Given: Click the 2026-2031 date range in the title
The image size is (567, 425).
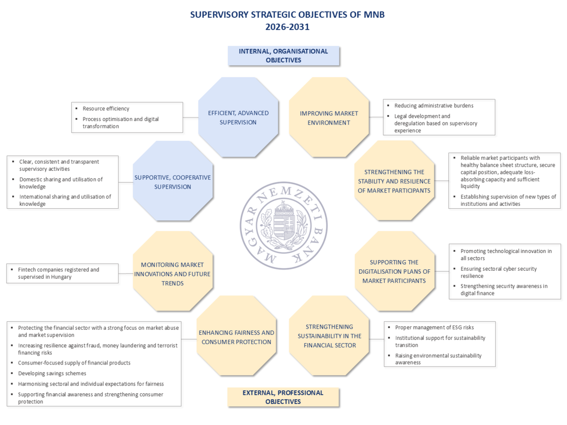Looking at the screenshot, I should [287, 27].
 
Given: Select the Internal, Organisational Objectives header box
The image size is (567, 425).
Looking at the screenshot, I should [283, 55].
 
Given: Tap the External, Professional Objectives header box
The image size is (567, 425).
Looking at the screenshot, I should [283, 397].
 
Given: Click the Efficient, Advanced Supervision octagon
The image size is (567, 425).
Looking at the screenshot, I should [238, 117].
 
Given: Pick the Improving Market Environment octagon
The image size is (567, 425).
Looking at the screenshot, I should [328, 117].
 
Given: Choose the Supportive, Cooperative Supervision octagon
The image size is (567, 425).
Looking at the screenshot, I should [173, 181].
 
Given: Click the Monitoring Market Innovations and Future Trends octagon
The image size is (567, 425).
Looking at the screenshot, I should [173, 274].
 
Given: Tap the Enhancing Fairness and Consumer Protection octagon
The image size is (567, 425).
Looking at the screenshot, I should [237, 337].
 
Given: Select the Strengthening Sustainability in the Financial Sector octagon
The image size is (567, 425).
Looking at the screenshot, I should [329, 335].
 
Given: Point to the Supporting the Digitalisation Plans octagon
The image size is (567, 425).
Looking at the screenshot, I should [394, 271].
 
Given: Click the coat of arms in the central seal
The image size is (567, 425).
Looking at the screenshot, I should [283, 224].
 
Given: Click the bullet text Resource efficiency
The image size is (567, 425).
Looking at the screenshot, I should [106, 108].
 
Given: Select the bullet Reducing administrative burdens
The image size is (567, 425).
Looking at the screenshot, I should [434, 105].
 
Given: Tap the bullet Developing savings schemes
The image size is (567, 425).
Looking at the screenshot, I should [52, 373].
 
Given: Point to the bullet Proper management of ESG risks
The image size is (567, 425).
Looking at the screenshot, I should [434, 327].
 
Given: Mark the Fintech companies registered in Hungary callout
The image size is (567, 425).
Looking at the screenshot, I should [63, 273].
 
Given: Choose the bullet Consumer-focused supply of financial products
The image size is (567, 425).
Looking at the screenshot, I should [74, 362].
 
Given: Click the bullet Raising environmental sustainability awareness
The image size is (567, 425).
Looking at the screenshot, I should [438, 359].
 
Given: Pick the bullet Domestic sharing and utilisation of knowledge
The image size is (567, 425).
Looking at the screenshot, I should [61, 183].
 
